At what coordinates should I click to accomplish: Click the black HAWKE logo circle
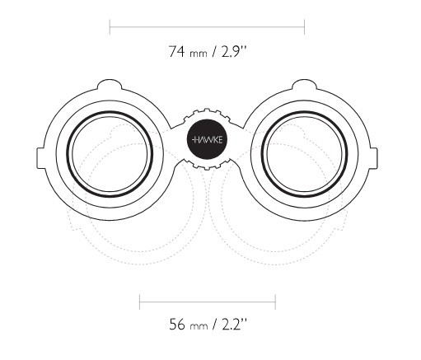point(207,140)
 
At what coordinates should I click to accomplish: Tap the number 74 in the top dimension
point(176,51)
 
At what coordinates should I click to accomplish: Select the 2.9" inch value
point(234,51)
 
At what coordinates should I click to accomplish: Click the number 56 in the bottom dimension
point(177,324)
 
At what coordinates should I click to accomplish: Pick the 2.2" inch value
point(234,324)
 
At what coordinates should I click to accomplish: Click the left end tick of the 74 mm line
point(110,27)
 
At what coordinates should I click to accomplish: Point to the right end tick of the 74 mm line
point(304,27)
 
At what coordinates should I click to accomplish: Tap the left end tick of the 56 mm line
point(140,302)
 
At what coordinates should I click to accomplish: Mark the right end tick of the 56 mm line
point(275,302)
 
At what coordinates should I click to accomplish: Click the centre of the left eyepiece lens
point(110,154)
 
